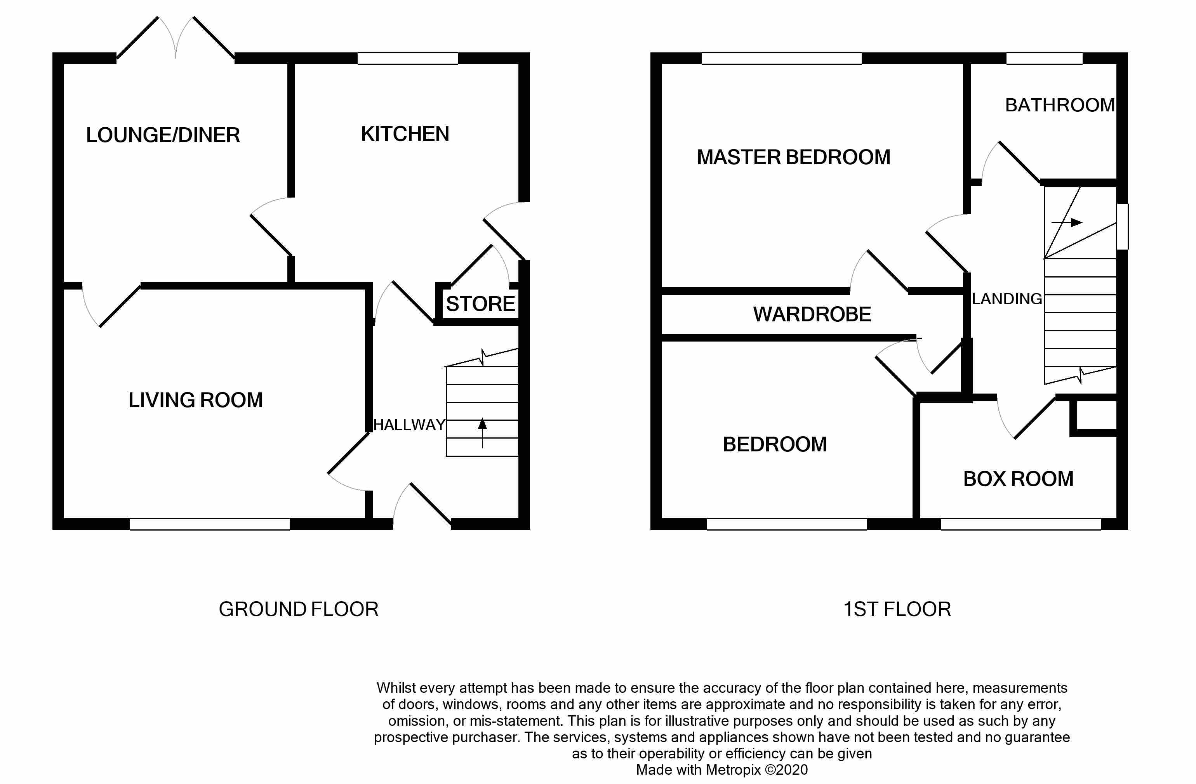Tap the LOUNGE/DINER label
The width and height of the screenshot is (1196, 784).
click(163, 135)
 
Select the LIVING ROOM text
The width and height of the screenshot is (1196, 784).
click(195, 400)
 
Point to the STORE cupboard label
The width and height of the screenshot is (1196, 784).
click(480, 304)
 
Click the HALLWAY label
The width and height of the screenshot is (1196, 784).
click(409, 425)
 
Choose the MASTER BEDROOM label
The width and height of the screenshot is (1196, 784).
click(793, 157)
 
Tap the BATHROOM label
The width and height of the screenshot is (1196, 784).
click(1060, 105)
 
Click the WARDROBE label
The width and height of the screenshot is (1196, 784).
click(812, 314)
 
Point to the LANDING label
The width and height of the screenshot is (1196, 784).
click(1007, 299)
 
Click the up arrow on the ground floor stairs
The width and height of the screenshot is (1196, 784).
click(482, 432)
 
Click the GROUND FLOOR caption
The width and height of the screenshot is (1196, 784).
click(299, 609)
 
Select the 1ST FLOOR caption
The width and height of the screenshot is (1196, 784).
click(897, 609)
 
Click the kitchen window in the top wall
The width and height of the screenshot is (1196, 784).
click(408, 58)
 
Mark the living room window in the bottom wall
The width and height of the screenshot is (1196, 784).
click(210, 524)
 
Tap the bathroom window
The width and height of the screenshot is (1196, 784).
click(1044, 58)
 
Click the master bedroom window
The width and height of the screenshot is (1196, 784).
click(781, 58)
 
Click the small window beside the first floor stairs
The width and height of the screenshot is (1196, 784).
click(1122, 227)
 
